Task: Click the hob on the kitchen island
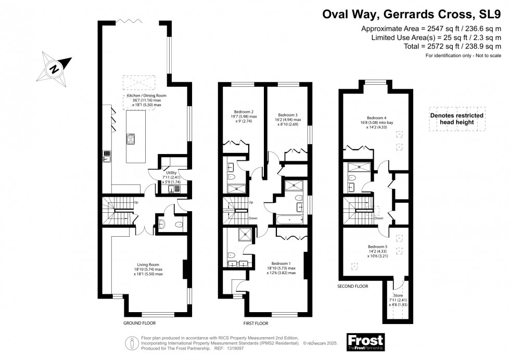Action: click(x=130, y=139)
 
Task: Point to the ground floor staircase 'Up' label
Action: click(x=135, y=202)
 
